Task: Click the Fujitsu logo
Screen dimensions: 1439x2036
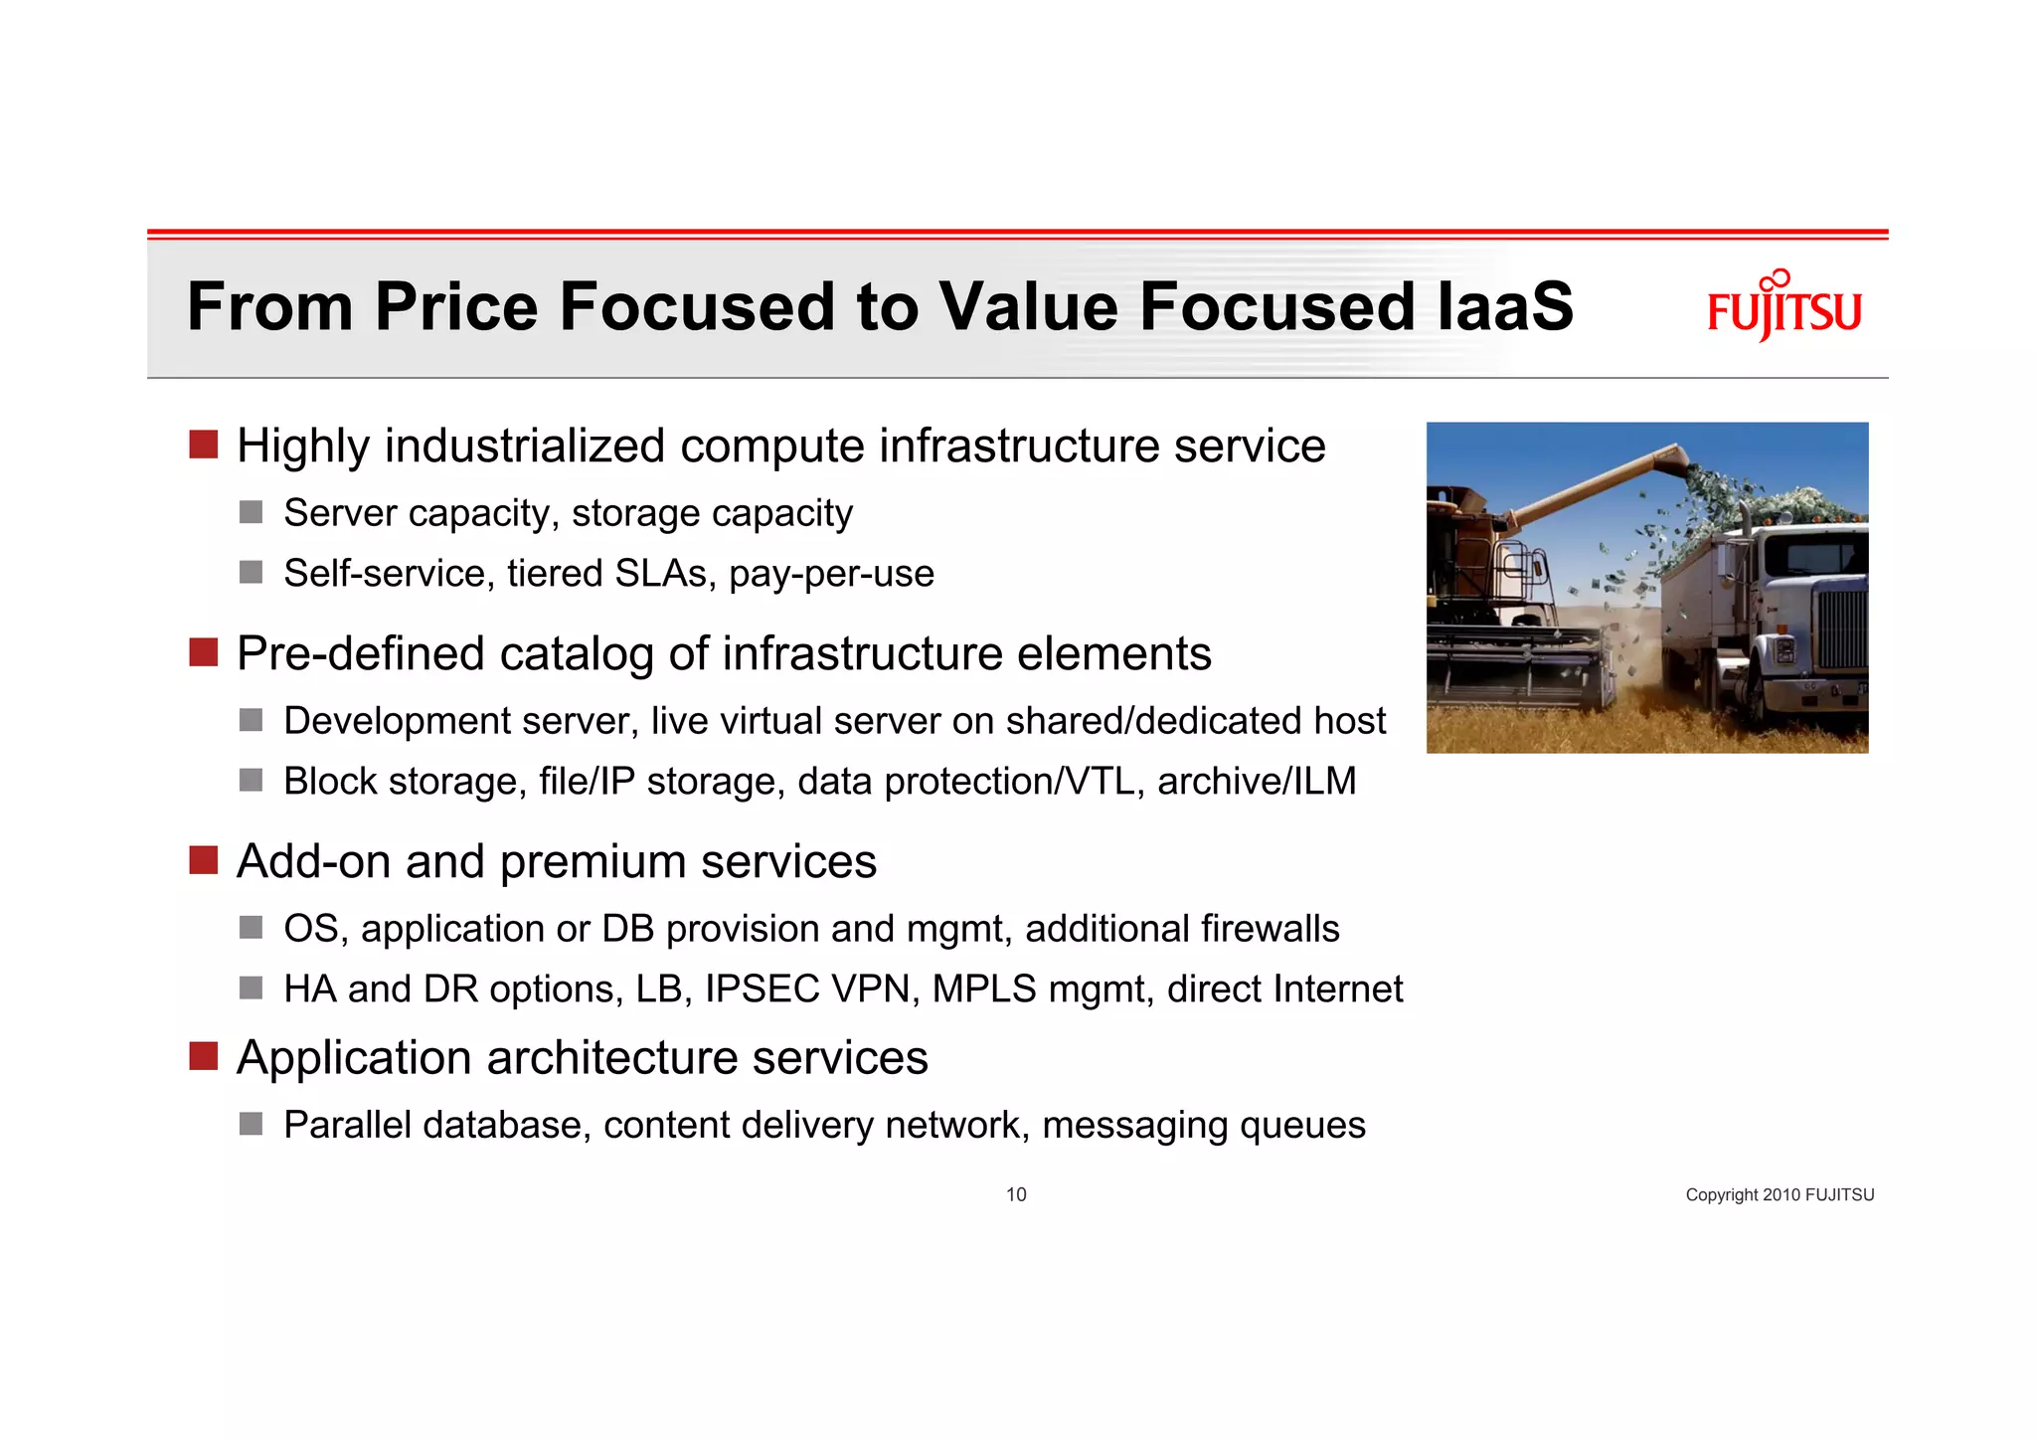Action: (1783, 307)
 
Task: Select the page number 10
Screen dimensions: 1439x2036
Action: (1016, 1194)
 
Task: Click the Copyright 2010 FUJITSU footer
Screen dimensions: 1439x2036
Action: (1779, 1194)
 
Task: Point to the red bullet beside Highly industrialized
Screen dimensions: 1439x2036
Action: (204, 445)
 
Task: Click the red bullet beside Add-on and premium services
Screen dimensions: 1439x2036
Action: (204, 860)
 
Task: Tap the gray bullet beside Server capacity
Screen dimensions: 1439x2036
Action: (251, 512)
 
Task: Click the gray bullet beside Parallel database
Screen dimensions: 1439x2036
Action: (251, 1124)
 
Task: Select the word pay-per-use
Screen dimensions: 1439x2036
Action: (831, 574)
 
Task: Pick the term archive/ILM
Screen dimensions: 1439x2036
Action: (1257, 782)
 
